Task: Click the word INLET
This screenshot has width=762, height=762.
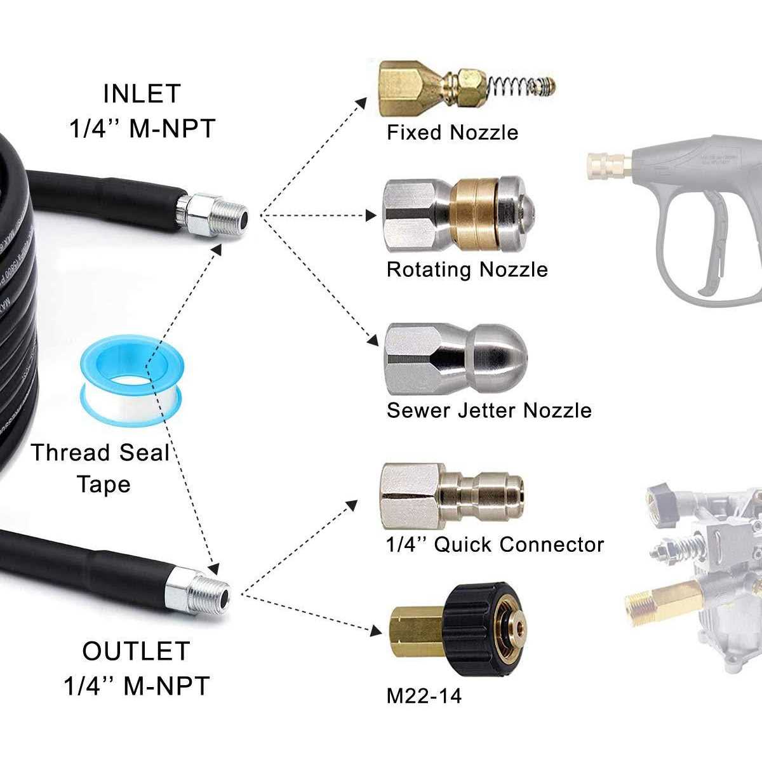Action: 142,94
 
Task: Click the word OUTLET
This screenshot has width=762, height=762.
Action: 136,652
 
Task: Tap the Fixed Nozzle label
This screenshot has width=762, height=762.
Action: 452,133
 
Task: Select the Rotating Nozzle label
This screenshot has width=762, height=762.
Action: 467,270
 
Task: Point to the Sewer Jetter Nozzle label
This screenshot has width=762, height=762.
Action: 489,410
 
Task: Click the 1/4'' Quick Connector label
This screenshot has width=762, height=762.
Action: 495,545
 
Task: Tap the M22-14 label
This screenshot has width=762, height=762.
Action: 424,696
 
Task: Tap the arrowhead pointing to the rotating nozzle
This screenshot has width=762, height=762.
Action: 371,216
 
